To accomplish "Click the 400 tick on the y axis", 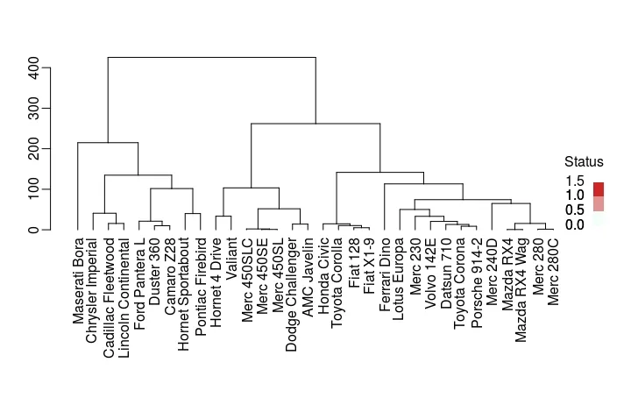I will tap(34, 67).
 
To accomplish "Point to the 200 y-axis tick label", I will tap(34, 149).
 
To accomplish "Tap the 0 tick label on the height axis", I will tap(34, 230).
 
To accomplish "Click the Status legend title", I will tap(584, 162).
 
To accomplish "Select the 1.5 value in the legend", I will tap(575, 180).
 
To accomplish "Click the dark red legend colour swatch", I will tap(599, 188).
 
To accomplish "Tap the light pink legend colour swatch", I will tap(599, 203).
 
